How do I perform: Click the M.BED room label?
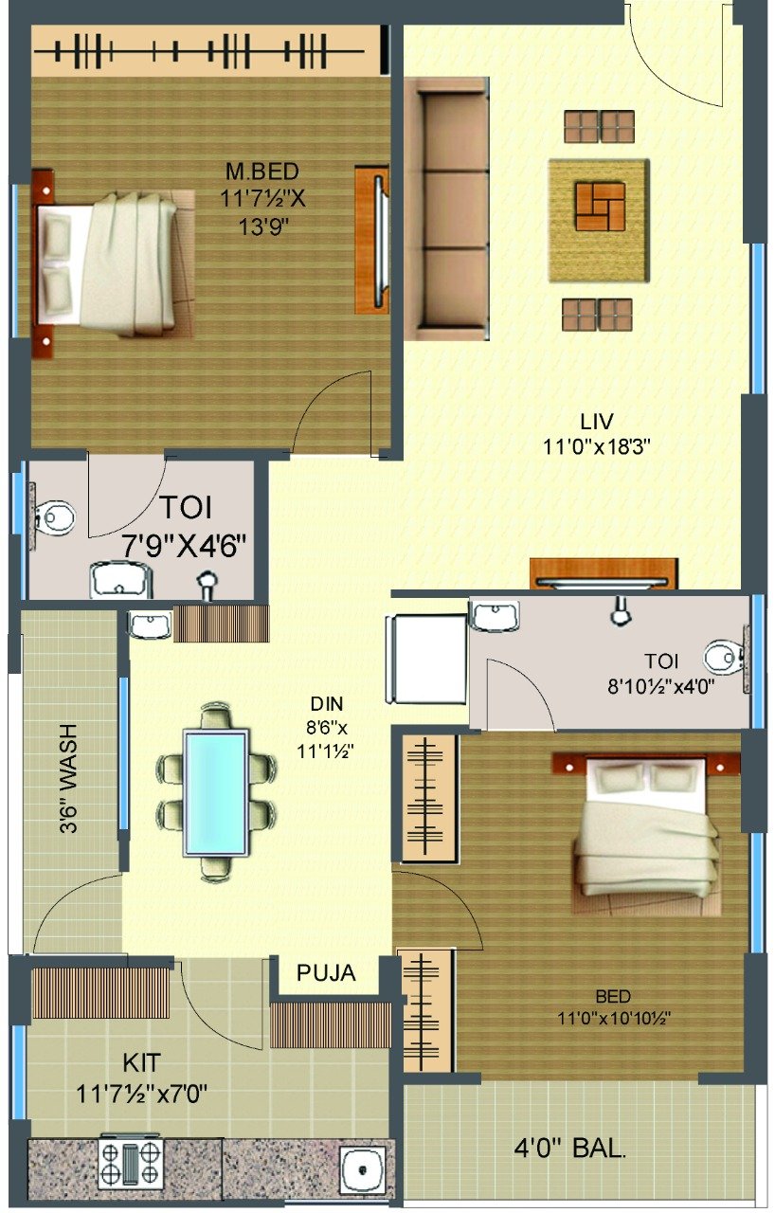[261, 172]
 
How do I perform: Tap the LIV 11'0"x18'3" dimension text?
[596, 446]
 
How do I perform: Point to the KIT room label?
[142, 1063]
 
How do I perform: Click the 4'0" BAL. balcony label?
[569, 1147]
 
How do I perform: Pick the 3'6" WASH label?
[69, 779]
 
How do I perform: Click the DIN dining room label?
[326, 704]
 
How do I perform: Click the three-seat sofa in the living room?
[447, 209]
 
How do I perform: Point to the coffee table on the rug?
[600, 207]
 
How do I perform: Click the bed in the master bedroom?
[114, 263]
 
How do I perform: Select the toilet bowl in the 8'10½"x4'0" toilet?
[725, 658]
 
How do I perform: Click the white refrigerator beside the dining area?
[426, 659]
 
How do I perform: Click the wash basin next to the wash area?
[150, 625]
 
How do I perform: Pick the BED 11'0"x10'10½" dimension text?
[614, 1007]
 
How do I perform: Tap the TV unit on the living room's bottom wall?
[604, 573]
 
